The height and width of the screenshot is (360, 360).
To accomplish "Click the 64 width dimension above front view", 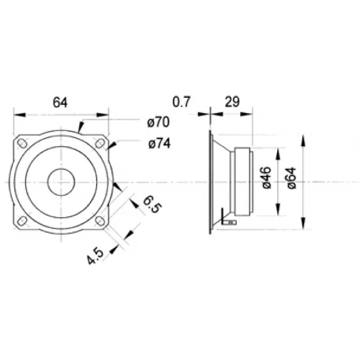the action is click(60, 103).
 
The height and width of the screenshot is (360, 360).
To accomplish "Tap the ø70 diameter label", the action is click(159, 122).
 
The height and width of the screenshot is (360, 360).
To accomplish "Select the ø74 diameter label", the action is click(159, 144).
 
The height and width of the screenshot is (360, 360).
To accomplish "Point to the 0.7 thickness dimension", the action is click(182, 102).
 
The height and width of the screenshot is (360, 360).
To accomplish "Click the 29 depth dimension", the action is click(232, 102).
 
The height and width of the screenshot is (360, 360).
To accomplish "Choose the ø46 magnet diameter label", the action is click(267, 178).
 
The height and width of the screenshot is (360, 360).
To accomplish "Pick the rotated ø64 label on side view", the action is click(292, 178).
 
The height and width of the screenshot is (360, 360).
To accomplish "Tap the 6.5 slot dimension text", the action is click(152, 204).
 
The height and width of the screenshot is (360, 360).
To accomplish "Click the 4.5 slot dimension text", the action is click(96, 256).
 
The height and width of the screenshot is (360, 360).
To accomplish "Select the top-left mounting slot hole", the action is click(22, 144).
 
